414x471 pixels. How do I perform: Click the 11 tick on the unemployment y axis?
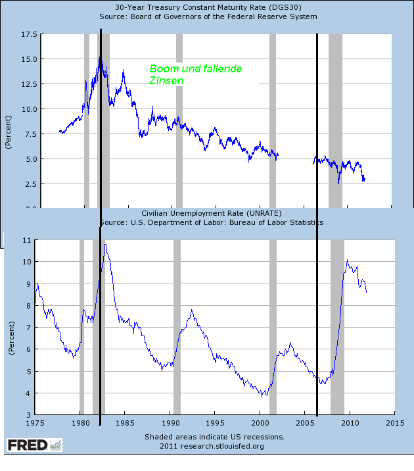(27, 240)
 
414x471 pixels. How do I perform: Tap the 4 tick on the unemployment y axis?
(29, 393)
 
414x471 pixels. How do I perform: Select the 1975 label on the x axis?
(35, 423)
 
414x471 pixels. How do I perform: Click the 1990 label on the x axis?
(170, 423)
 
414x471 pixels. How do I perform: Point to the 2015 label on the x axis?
(395, 423)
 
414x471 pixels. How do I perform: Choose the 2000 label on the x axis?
(260, 423)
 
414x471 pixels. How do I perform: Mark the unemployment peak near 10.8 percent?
(105, 245)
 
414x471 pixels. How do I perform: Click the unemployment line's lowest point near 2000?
(262, 396)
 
